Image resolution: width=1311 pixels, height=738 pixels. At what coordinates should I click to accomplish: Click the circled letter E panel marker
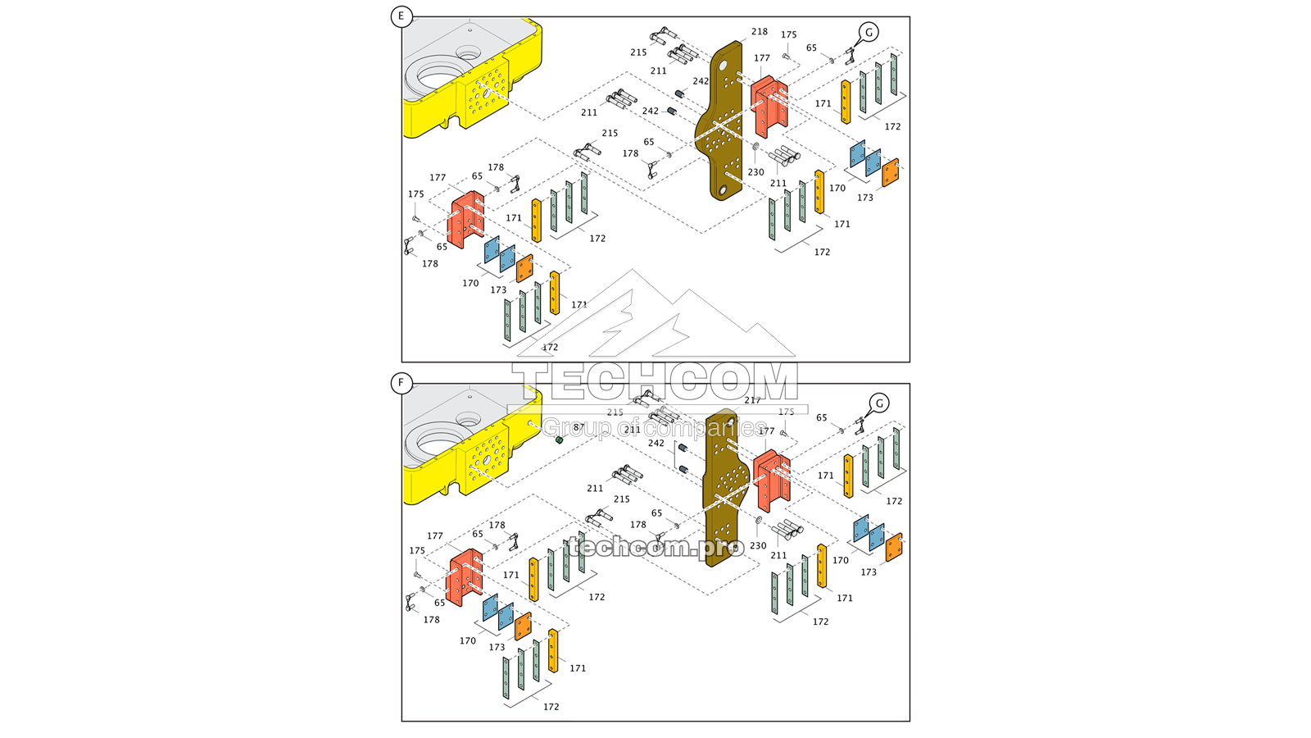[401, 16]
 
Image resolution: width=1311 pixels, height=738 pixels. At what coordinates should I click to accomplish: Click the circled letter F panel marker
[401, 383]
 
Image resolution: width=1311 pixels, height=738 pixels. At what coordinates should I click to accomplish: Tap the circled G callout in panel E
[869, 32]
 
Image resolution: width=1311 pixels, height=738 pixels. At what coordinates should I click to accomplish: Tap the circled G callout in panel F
[879, 403]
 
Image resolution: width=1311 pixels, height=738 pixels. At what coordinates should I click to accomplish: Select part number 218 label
[760, 32]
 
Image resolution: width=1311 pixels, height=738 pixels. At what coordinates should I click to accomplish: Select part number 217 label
[752, 400]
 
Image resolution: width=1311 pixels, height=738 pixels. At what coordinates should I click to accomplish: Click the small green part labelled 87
[559, 440]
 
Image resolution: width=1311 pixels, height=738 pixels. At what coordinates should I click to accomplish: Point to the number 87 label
[578, 428]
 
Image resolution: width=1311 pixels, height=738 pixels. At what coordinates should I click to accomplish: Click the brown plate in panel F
[725, 492]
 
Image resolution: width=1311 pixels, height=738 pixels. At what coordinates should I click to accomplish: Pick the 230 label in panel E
[755, 172]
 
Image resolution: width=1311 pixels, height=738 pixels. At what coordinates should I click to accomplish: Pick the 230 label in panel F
[758, 546]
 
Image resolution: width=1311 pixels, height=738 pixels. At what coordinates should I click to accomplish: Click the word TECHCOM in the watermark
[655, 382]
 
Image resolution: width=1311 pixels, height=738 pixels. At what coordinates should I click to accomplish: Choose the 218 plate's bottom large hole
[722, 191]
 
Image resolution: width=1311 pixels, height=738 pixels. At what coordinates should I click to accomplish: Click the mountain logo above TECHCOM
[655, 316]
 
